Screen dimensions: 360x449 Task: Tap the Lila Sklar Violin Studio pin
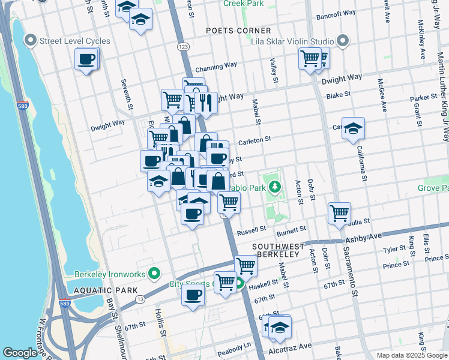coord(343,41)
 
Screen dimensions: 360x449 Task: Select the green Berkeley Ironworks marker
coord(154,274)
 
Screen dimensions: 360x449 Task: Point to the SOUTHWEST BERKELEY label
coord(276,250)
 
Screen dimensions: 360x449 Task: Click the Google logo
coord(20,353)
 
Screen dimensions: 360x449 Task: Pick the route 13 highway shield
coord(139,298)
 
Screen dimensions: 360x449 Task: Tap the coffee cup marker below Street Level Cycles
coord(86,59)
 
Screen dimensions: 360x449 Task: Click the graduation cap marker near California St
coord(354,128)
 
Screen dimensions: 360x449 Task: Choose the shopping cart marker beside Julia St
coord(340,212)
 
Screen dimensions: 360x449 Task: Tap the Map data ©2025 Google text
coord(411,355)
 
